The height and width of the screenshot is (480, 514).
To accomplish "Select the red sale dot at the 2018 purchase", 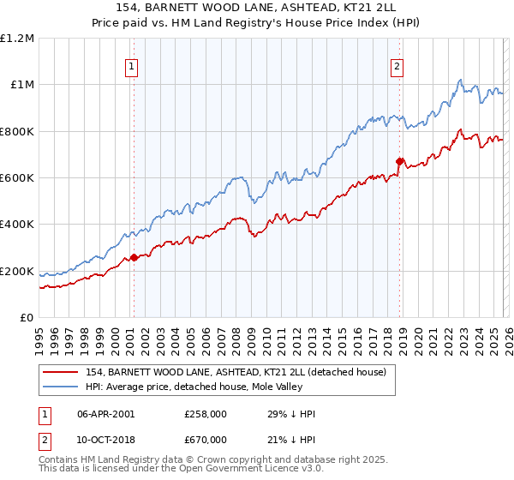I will [x=399, y=161].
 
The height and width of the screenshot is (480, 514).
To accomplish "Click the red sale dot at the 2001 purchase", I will [x=134, y=257].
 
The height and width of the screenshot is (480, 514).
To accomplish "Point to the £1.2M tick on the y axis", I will [x=17, y=38].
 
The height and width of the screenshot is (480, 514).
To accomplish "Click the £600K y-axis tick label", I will [x=17, y=177].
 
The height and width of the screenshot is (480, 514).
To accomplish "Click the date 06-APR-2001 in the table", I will [x=105, y=414].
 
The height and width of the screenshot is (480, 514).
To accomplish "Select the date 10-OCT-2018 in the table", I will [x=105, y=440].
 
